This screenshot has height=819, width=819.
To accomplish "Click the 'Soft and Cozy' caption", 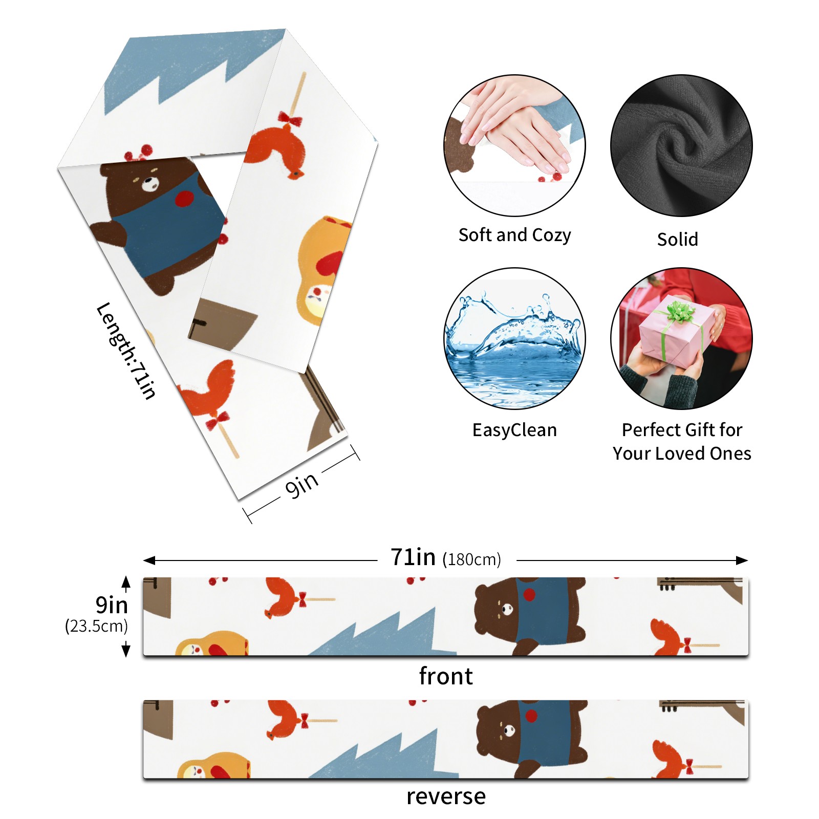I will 514,235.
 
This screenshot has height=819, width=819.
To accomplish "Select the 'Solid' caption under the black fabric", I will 677,239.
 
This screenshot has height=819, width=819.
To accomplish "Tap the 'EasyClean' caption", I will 514,430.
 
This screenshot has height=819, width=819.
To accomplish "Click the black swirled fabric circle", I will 681,145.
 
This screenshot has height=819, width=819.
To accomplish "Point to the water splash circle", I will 514,338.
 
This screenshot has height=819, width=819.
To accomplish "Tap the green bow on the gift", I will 679,311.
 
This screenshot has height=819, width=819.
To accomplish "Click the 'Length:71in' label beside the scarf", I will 126,350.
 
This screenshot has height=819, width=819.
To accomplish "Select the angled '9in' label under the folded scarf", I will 302,484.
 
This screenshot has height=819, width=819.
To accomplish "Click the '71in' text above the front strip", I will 413,557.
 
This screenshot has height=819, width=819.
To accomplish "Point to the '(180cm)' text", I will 471,559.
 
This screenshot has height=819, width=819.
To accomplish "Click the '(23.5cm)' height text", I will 96,626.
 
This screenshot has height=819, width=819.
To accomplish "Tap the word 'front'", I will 445,676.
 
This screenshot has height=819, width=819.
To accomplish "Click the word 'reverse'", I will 446,796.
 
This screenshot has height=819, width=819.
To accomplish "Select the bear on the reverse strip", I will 532,737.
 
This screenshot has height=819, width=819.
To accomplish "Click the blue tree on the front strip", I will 389,635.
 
